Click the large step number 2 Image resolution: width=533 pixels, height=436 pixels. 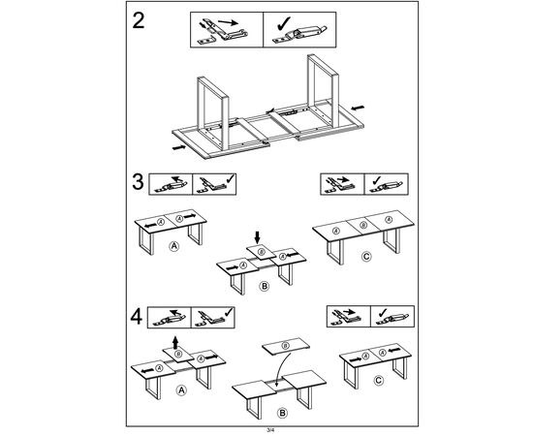pos(139,20)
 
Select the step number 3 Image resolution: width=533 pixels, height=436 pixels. pos(138,182)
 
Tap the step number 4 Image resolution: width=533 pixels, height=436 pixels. pos(137,317)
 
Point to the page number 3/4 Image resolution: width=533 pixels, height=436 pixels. pos(270,430)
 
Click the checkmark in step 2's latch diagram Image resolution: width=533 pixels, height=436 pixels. pos(284,23)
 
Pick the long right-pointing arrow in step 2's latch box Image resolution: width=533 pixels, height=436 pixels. pos(228,22)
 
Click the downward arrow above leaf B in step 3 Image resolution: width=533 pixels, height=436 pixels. pos(258,237)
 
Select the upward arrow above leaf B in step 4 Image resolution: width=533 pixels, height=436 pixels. pos(175,343)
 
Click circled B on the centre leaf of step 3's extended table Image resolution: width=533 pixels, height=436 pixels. pos(363,225)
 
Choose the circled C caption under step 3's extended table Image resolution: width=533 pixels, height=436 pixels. pos(366,256)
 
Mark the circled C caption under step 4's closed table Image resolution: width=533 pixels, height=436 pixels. pos(378,380)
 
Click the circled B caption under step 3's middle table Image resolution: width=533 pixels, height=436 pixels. pos(265,286)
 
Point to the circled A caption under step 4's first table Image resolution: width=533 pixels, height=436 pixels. pos(181,390)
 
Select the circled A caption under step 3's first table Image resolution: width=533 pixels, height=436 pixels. pos(174,246)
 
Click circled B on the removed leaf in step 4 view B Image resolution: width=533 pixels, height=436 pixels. pos(286,346)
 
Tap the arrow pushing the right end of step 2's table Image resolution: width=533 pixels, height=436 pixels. pos(358,109)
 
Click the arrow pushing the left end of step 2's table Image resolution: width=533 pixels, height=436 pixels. pos(179,147)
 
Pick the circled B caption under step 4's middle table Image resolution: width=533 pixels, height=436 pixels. pos(282,414)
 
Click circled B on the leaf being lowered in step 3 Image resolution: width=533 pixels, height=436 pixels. pos(261,252)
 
